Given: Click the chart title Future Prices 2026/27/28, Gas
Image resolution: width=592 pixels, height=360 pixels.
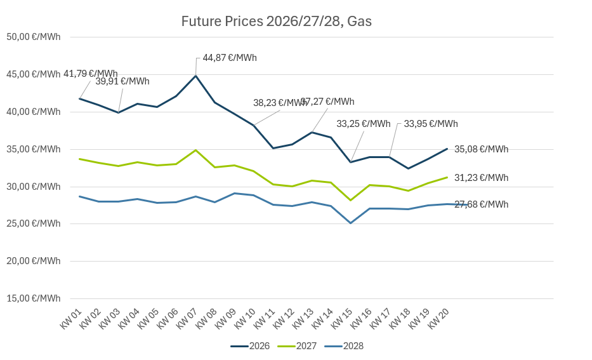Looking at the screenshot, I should click(276, 22).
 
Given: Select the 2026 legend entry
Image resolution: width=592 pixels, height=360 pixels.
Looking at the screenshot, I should click(251, 346).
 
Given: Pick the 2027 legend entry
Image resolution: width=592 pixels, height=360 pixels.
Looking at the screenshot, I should click(298, 346).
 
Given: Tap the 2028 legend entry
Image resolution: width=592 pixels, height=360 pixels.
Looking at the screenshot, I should click(345, 346).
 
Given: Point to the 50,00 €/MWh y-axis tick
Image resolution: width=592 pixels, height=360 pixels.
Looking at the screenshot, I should click(33, 37).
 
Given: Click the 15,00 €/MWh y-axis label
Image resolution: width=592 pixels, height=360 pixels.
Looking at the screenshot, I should click(33, 298).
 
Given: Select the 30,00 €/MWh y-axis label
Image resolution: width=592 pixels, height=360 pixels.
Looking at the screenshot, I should click(33, 187).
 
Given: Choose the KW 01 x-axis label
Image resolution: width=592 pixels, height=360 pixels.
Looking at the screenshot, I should click(71, 319).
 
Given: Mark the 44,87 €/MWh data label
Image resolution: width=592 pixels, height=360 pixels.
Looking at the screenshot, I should click(230, 58).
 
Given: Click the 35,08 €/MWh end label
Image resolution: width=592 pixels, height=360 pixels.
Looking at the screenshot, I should click(481, 149).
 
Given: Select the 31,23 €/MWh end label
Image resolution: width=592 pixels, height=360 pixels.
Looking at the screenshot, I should click(481, 178).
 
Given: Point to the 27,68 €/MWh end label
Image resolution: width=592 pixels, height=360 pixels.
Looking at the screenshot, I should click(481, 204).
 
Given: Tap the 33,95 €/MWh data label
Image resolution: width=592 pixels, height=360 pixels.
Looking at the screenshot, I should click(431, 124).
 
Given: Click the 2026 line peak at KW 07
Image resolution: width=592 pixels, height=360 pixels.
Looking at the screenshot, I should click(195, 76).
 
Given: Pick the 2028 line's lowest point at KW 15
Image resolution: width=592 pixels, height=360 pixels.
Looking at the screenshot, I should click(350, 223).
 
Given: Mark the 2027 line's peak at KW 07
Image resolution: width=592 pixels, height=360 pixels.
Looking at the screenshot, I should click(195, 150).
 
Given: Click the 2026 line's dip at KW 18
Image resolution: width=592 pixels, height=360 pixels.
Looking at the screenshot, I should click(408, 168).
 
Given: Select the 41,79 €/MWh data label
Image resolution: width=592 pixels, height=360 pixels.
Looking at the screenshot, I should click(91, 74).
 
